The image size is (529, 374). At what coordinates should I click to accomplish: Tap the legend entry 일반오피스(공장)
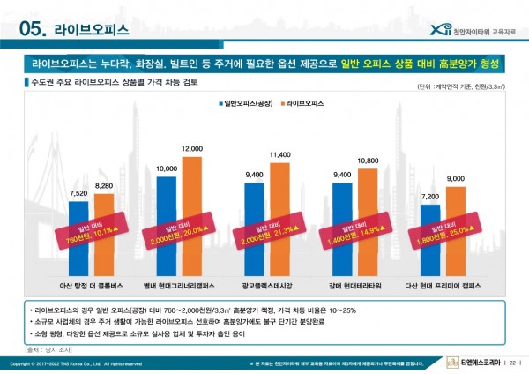(248, 103)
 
